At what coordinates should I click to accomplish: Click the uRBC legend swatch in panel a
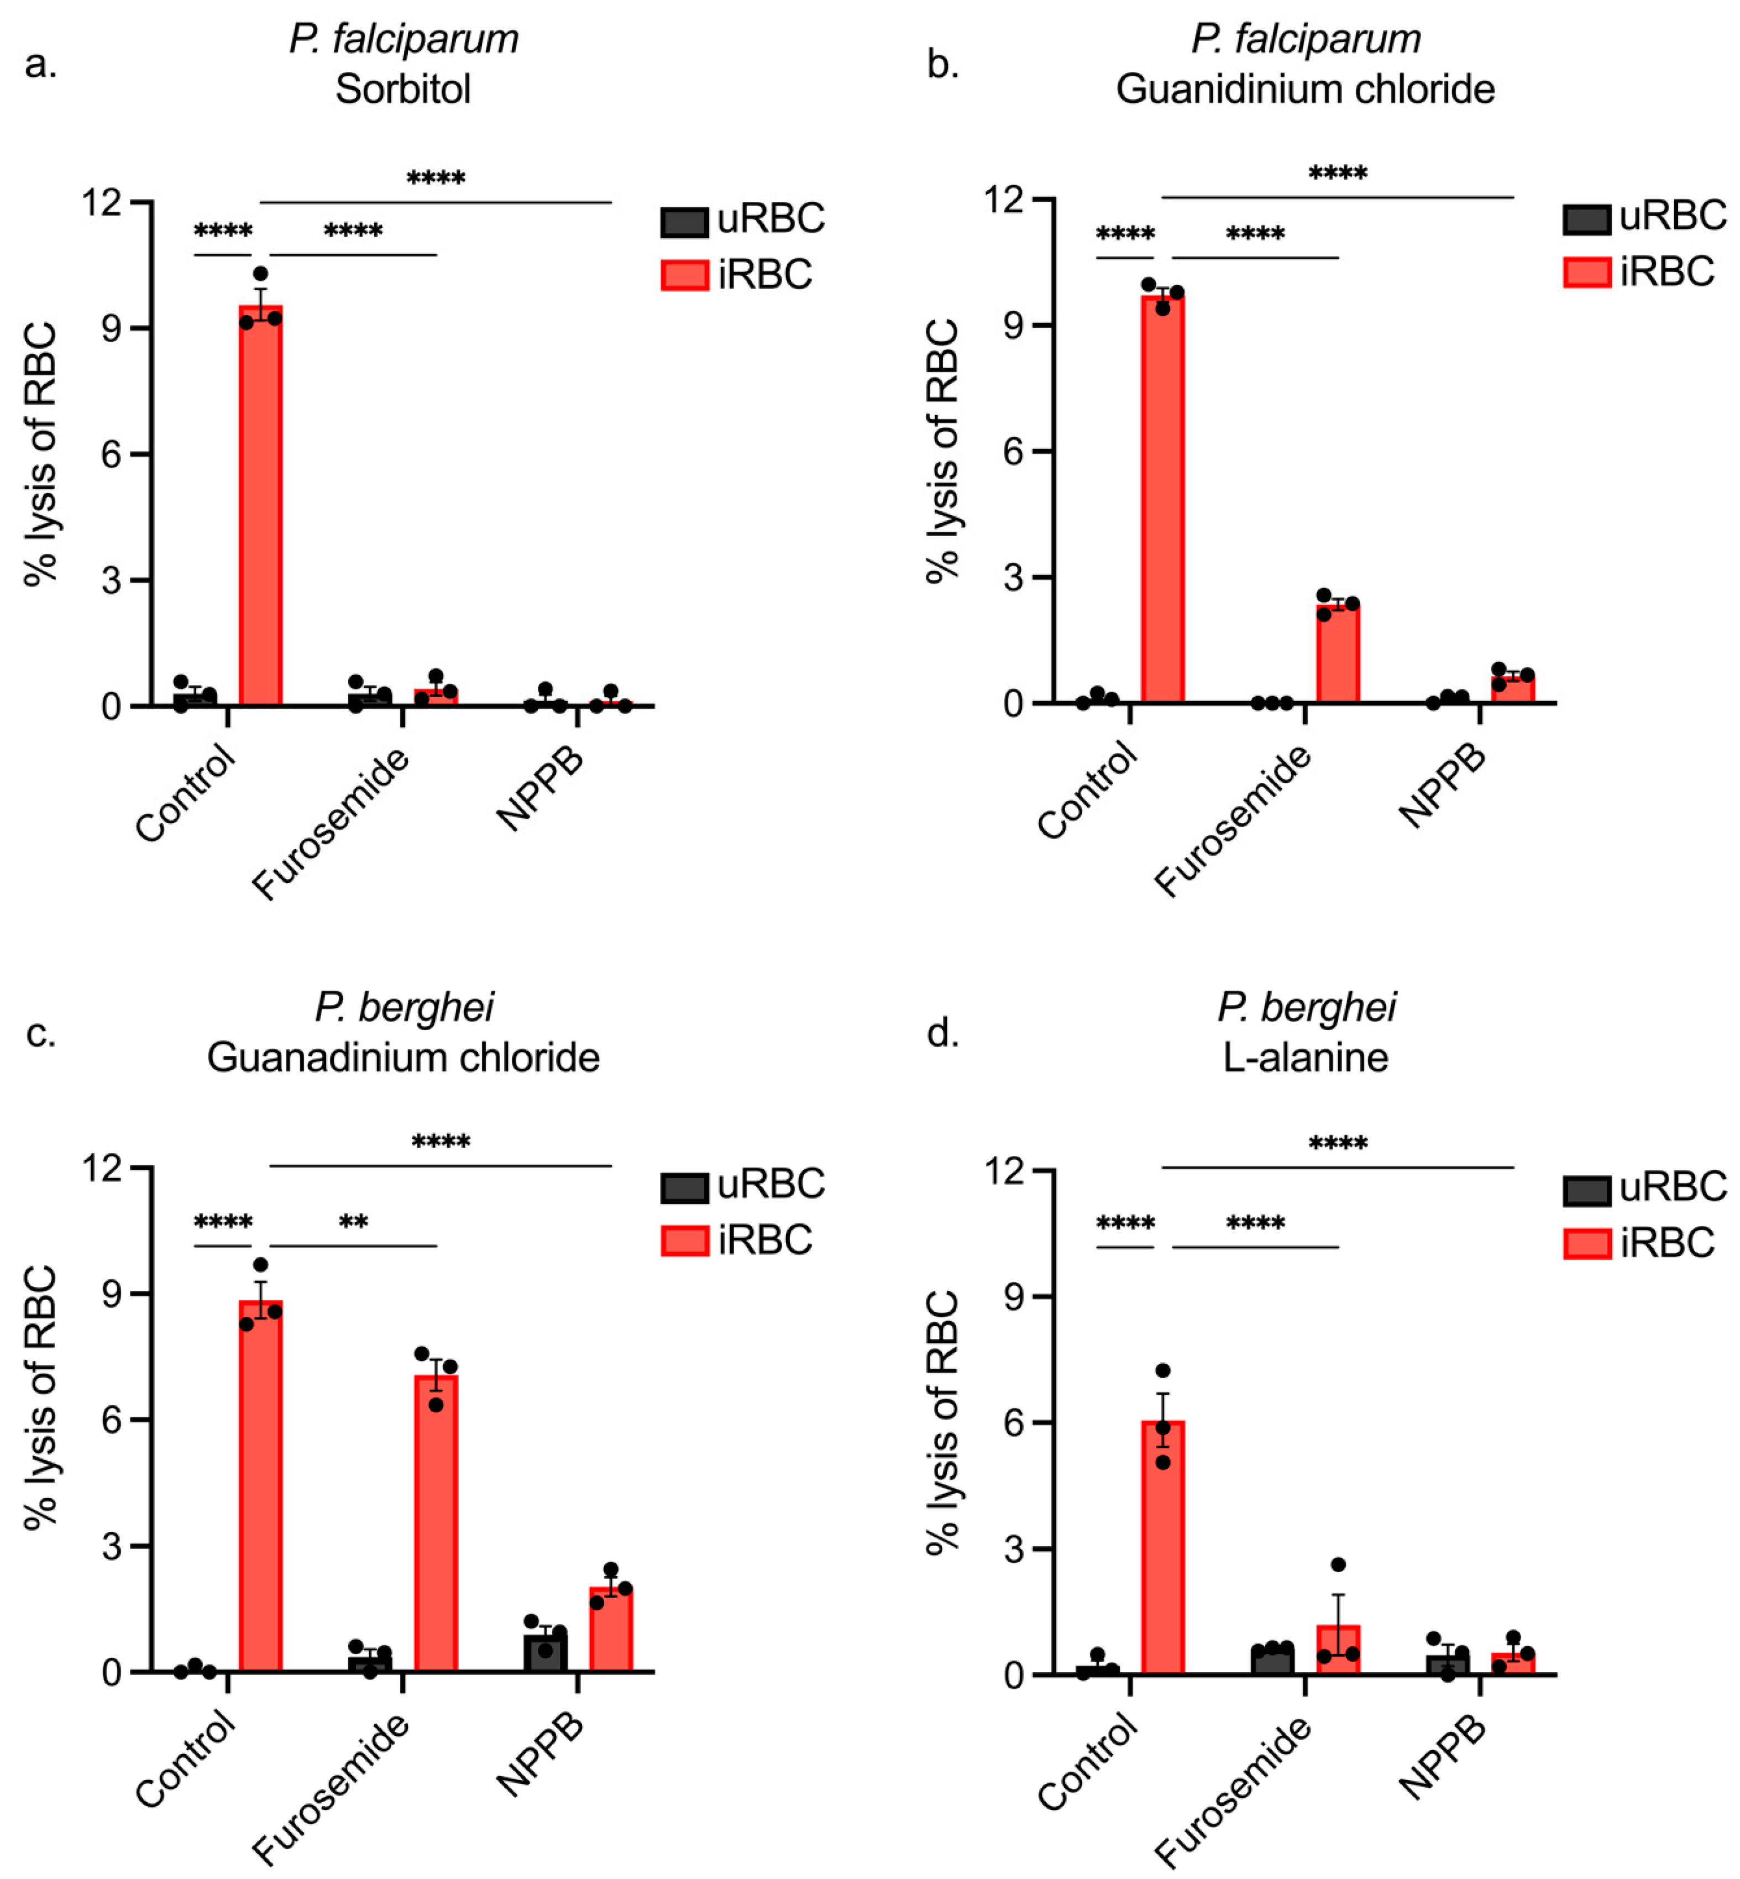(x=684, y=222)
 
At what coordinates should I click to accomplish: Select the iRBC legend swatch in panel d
(x=1586, y=1244)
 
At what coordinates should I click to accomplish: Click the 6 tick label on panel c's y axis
(x=111, y=1420)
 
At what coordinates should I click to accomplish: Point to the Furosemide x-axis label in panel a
(x=332, y=822)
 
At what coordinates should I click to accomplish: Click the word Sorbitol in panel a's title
(x=403, y=90)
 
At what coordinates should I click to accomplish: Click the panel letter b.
(x=942, y=64)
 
